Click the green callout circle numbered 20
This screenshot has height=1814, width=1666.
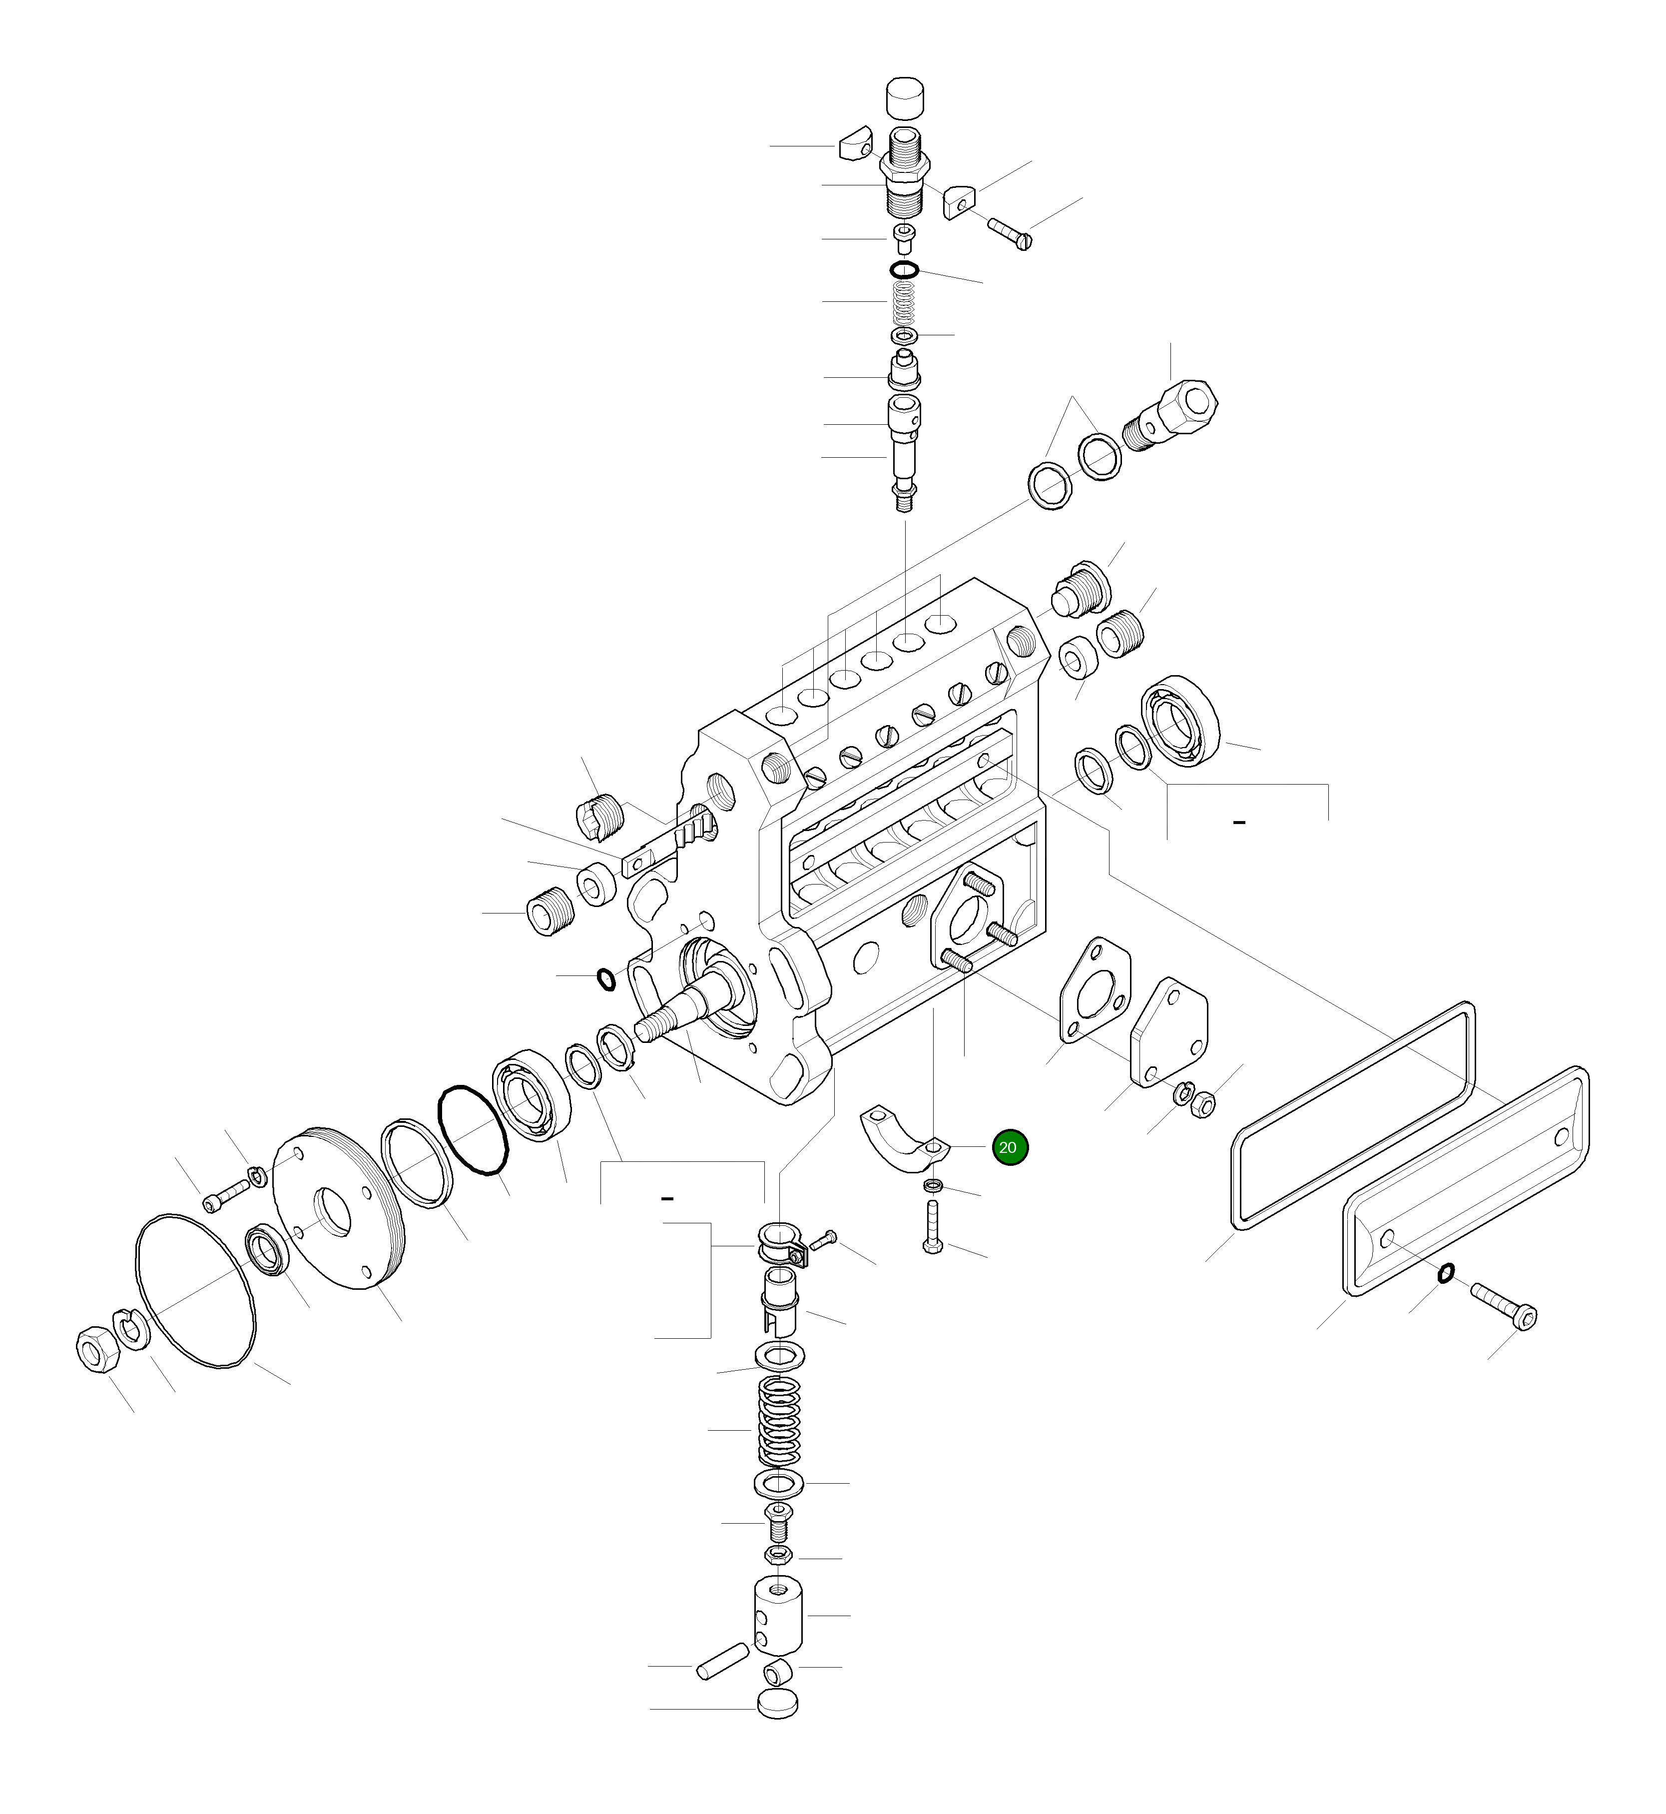(1009, 1148)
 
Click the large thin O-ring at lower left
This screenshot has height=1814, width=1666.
(195, 1291)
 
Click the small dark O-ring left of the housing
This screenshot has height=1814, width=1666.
(607, 978)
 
